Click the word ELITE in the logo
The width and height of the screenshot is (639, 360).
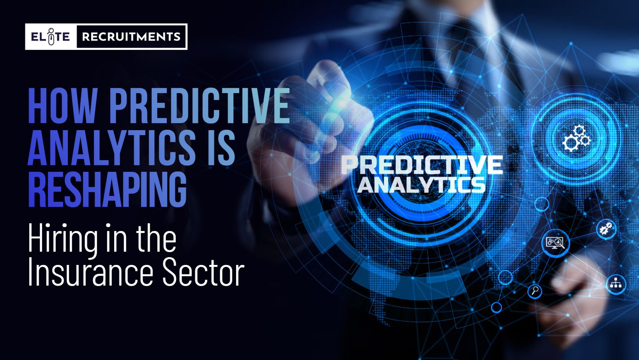(50, 36)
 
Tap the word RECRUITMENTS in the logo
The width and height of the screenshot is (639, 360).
(131, 36)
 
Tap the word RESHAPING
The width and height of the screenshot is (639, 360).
(107, 189)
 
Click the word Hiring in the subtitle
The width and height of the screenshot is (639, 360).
(63, 239)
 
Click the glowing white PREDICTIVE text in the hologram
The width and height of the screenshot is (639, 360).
(422, 165)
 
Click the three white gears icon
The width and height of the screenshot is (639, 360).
(576, 139)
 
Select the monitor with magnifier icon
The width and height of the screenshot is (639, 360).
(555, 243)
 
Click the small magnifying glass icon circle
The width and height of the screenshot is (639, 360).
(535, 291)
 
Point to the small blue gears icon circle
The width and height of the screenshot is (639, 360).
(606, 229)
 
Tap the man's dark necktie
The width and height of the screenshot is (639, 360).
(468, 57)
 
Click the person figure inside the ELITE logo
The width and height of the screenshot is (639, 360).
(51, 36)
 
